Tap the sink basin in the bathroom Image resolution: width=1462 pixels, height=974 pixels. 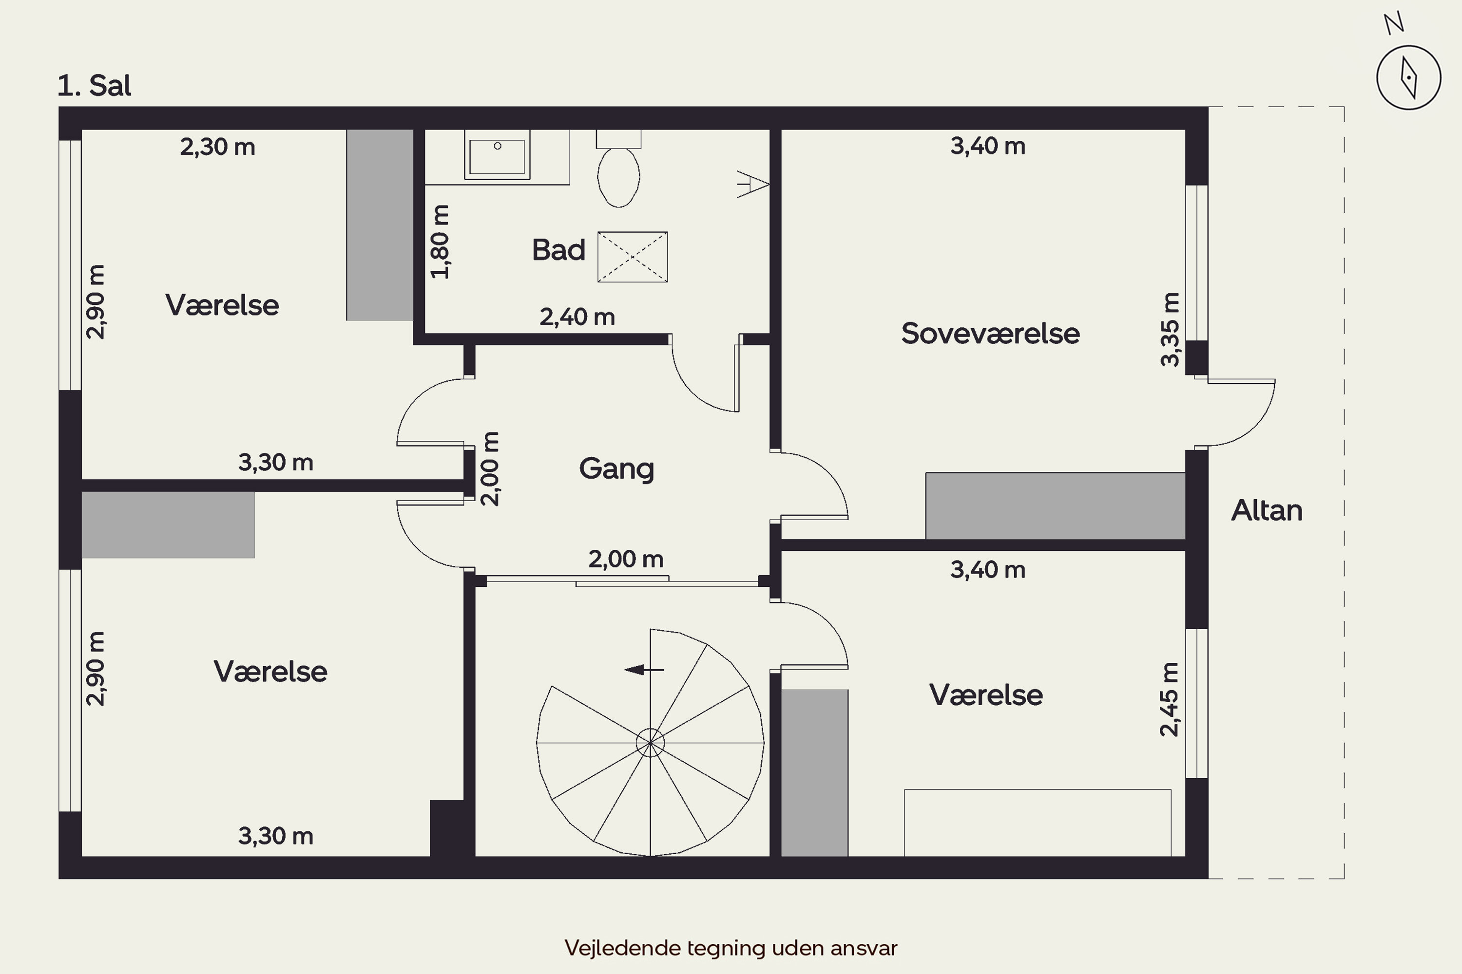(x=497, y=155)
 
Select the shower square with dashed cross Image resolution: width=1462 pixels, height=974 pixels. (x=632, y=257)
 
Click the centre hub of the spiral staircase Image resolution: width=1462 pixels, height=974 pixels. (x=650, y=742)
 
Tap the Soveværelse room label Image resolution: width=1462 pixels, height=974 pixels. (x=990, y=334)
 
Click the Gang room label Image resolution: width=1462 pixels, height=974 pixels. (x=616, y=469)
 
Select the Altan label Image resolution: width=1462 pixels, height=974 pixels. (x=1267, y=510)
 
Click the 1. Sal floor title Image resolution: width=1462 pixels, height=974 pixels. (x=95, y=86)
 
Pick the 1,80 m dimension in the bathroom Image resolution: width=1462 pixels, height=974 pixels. (x=440, y=242)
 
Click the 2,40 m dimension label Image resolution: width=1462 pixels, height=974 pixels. (x=577, y=318)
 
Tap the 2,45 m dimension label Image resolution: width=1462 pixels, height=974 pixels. (x=1169, y=699)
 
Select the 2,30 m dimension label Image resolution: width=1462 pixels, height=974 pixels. (x=217, y=147)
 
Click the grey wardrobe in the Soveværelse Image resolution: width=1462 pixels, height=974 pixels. (x=1056, y=506)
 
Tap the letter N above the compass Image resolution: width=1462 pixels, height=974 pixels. (x=1394, y=23)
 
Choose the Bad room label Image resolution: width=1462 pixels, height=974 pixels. (x=558, y=250)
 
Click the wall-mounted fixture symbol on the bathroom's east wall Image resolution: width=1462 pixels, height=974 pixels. (x=753, y=184)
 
